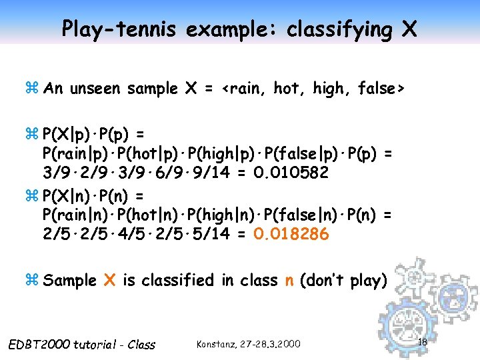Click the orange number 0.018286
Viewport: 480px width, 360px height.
click(291, 235)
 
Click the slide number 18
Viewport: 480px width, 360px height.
click(421, 342)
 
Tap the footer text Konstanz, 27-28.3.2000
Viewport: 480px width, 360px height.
click(249, 344)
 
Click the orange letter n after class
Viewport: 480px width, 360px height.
click(289, 281)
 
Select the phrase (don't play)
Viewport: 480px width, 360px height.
click(343, 280)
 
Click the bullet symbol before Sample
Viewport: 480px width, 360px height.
click(33, 281)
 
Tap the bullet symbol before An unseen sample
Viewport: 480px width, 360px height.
click(33, 89)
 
